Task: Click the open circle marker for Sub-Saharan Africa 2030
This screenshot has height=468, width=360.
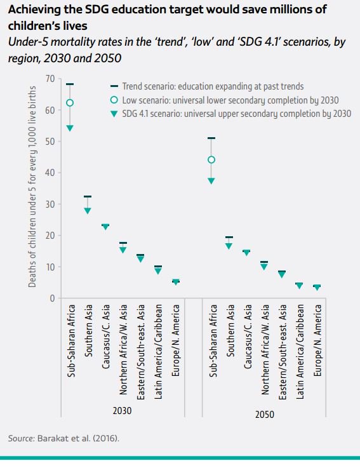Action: tap(70, 103)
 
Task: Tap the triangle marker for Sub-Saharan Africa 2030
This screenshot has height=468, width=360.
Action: tap(70, 128)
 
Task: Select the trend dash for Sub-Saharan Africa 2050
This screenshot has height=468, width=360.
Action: tap(211, 138)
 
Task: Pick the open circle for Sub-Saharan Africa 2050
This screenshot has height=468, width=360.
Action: tap(211, 160)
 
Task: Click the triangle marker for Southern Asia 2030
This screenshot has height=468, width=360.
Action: tap(88, 211)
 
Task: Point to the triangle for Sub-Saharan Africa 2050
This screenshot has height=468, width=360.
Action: tap(211, 181)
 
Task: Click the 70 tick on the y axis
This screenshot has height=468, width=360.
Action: tap(50, 79)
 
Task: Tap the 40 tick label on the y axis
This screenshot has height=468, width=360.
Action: tap(50, 173)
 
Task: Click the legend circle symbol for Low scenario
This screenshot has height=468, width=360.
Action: tap(114, 100)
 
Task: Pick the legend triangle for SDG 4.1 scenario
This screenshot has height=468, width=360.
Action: tap(114, 114)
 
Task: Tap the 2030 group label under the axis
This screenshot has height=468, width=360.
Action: tap(122, 411)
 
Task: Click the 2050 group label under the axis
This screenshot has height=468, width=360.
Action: tap(265, 414)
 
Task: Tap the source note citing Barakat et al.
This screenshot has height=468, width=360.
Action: tap(63, 438)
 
